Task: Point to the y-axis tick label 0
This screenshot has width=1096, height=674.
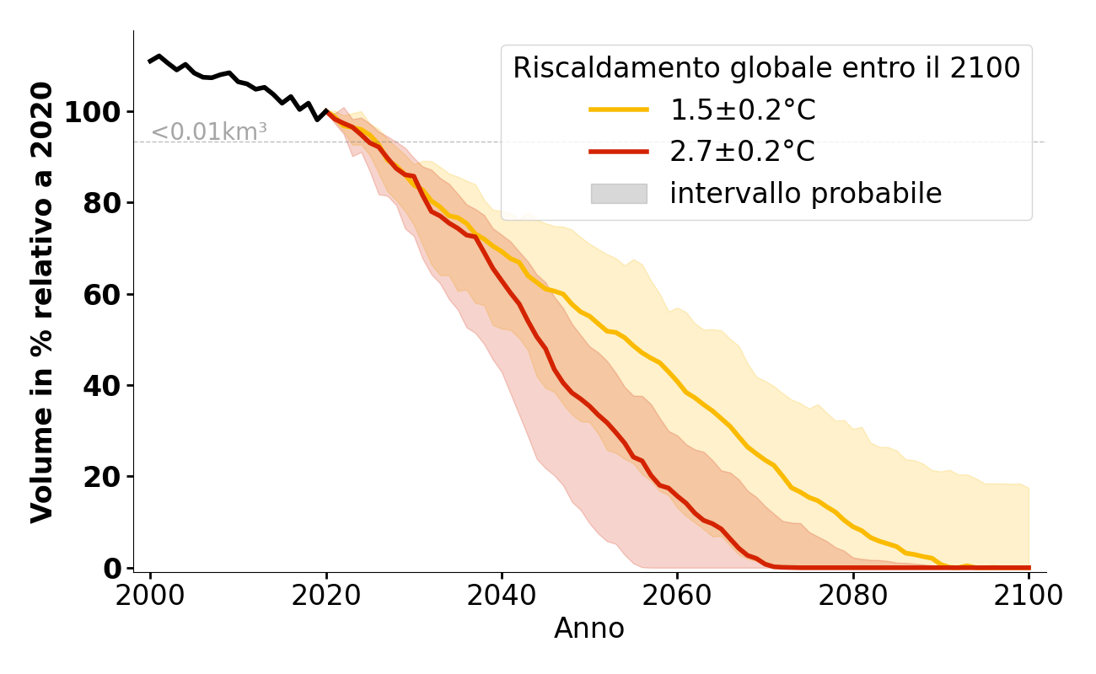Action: pos(113,569)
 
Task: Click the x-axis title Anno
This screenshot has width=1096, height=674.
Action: pos(589,629)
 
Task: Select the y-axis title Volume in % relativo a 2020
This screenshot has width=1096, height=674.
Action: pos(42,302)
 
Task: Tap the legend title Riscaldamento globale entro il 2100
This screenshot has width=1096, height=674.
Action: pos(766,68)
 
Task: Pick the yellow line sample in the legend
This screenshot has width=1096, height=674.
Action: pos(619,110)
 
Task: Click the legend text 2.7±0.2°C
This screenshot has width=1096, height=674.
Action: pos(742,152)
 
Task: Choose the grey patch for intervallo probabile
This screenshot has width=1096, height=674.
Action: pos(619,194)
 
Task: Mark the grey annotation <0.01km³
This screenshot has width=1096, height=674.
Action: pos(209,132)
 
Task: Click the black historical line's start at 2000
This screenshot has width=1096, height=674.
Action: pos(151,61)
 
